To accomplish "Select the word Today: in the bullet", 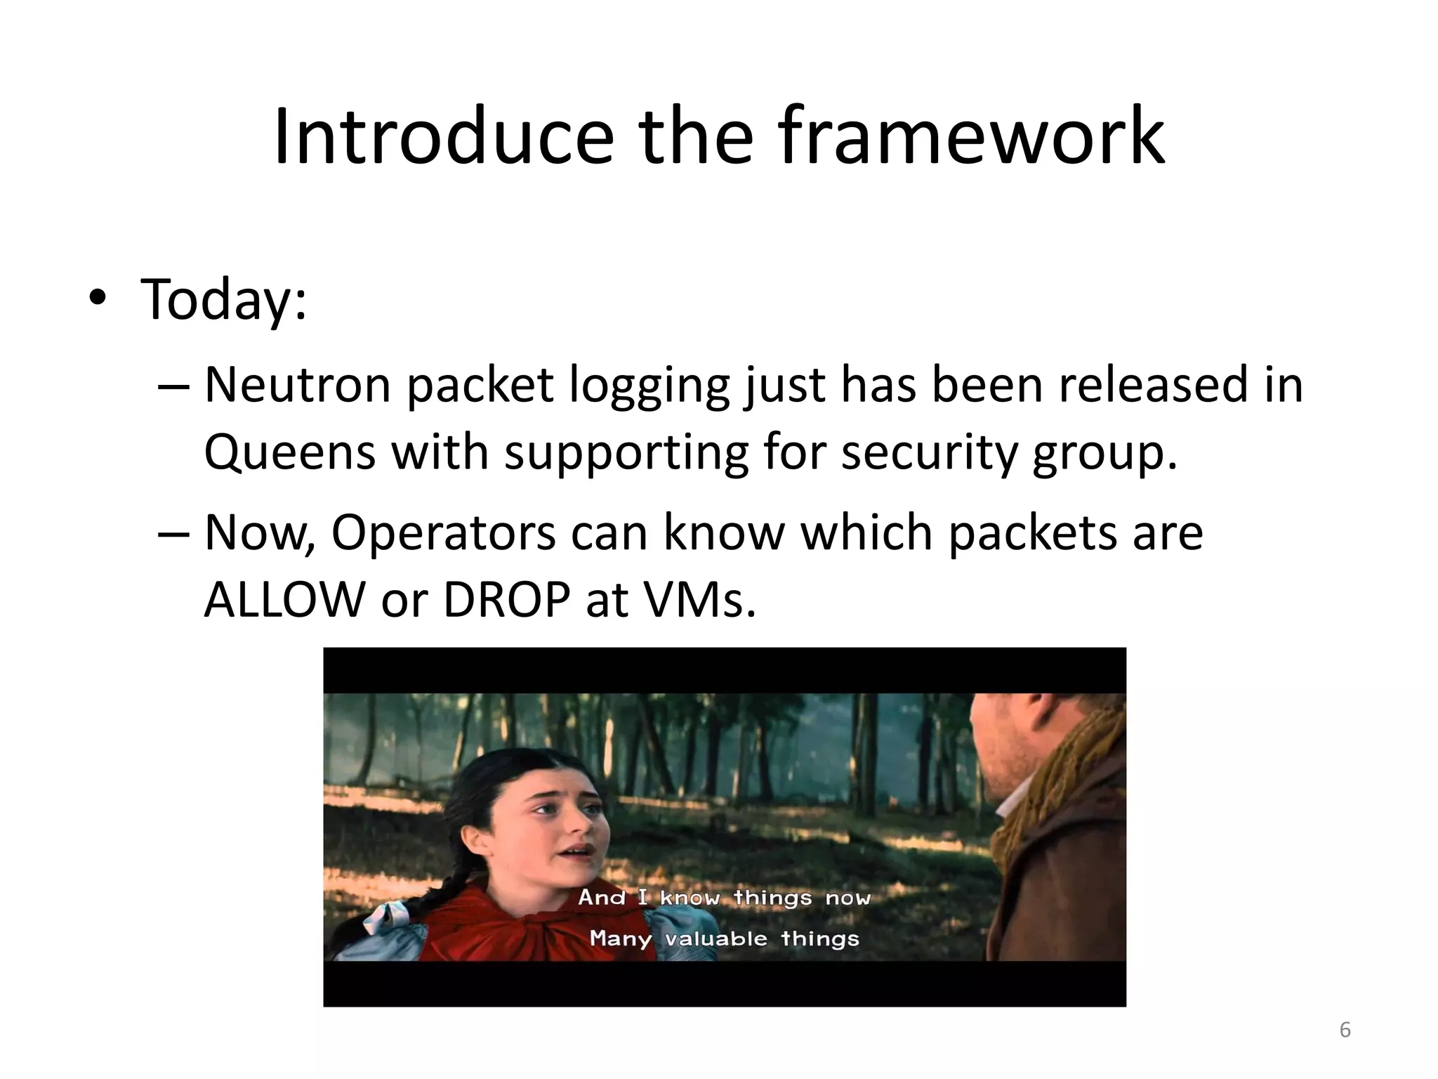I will (224, 300).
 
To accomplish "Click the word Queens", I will (289, 452).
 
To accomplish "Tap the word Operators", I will (443, 533).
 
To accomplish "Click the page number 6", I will (1345, 1030).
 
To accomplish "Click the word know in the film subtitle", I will (690, 898).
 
